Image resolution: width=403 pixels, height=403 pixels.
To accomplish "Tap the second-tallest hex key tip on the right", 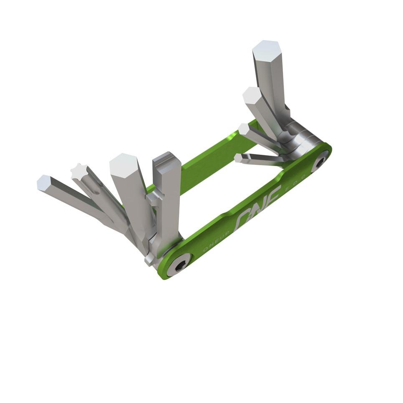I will point(252,95).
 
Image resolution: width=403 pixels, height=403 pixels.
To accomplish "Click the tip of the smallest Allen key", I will point(238,158).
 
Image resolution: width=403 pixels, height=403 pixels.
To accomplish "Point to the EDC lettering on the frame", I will point(296,183).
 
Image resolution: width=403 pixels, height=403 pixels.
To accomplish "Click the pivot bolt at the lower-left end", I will point(179,264).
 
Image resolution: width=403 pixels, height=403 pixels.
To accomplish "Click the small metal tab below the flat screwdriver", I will point(149,259).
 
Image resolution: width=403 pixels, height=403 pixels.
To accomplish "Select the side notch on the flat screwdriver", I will point(152,199).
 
